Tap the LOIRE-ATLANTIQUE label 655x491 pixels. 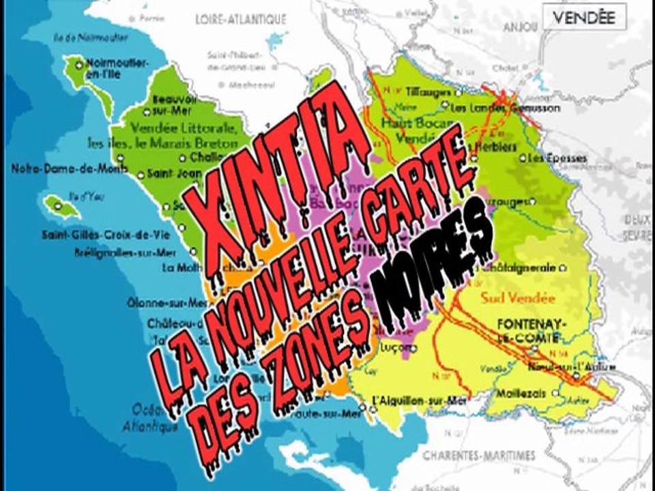point(239,20)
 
